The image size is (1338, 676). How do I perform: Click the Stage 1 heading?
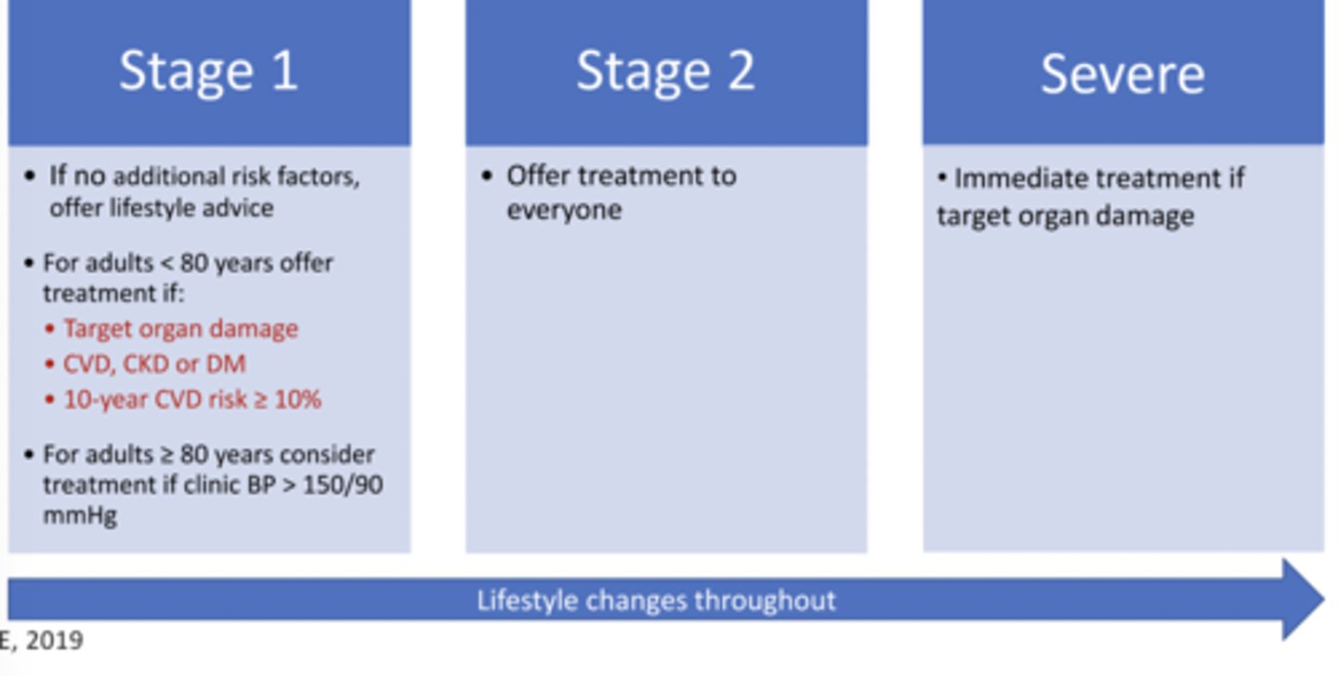pos(208,71)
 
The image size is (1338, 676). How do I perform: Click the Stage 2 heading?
pos(665,71)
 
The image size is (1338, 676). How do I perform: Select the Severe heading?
pos(1122,73)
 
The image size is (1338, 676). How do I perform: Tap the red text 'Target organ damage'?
pos(180,330)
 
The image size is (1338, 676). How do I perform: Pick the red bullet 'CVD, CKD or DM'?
pos(154,364)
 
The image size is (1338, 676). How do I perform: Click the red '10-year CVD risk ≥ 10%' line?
pos(191,399)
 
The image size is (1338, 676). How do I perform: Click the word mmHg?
pos(80,515)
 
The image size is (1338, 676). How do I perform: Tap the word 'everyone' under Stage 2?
pos(564,210)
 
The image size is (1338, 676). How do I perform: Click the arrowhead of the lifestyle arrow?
pos(1303,600)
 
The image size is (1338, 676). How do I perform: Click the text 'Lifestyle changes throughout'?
pos(656,600)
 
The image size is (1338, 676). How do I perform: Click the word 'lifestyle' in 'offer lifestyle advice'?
pos(160,207)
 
